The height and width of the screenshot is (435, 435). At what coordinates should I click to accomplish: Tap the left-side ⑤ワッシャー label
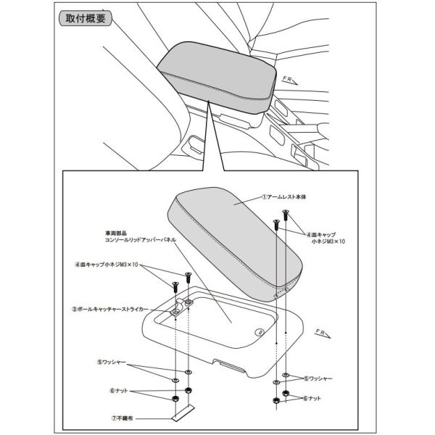coord(115,360)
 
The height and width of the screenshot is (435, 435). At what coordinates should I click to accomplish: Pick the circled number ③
coord(75,307)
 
